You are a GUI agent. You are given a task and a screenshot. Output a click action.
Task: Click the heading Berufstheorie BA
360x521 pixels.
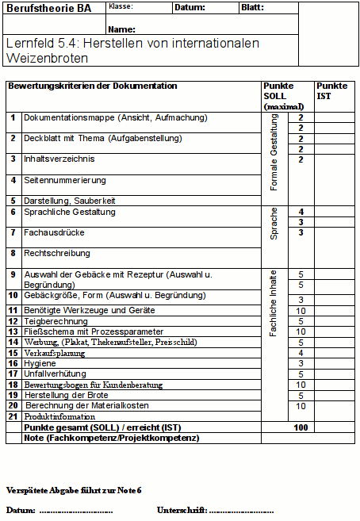point(48,9)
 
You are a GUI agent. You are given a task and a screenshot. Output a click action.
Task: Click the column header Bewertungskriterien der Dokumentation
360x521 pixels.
point(92,86)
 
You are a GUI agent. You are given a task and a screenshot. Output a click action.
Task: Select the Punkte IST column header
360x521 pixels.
point(331,90)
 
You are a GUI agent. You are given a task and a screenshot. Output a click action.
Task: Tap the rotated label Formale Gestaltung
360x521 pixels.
point(274,152)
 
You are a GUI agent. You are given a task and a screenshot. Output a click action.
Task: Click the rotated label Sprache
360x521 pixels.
point(274,226)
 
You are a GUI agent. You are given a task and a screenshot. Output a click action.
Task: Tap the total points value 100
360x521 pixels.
point(301,427)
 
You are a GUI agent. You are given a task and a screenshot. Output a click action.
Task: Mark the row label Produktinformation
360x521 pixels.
point(59,416)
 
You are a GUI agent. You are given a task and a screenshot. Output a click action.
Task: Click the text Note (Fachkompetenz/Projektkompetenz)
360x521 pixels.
point(111,438)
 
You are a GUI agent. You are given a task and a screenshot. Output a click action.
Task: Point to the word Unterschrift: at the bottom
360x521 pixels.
point(182,509)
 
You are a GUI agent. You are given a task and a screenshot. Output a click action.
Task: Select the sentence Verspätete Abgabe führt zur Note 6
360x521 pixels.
point(74,490)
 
